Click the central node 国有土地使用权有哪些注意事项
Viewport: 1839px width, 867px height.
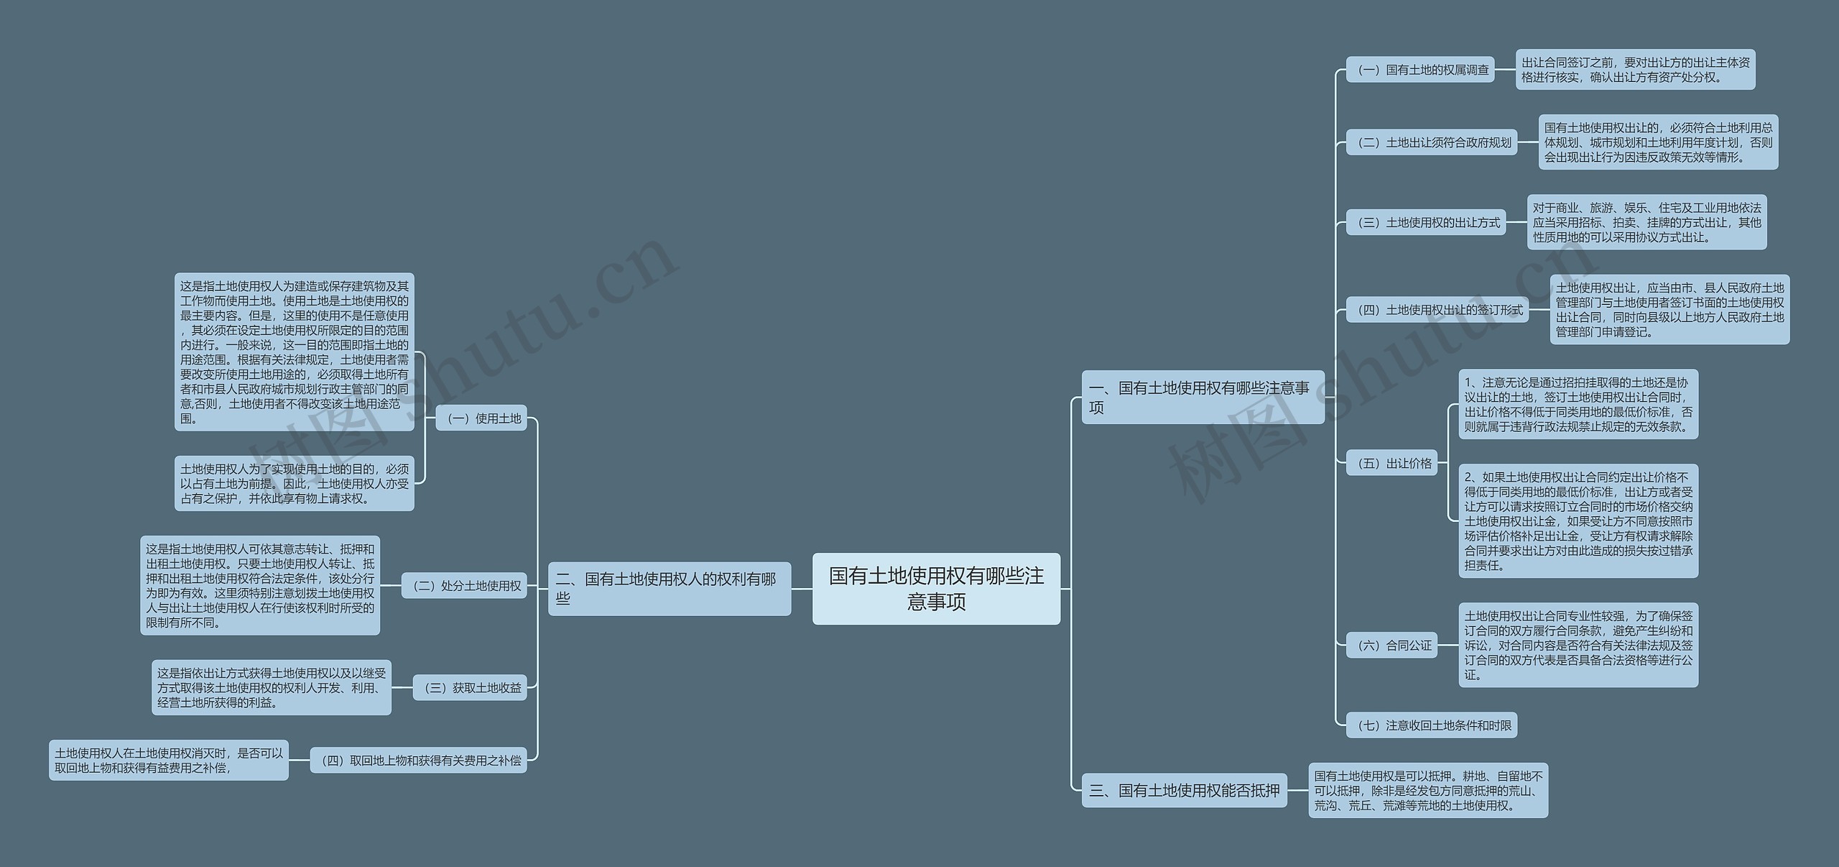[936, 588]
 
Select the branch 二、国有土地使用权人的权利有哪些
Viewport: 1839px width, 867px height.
[669, 588]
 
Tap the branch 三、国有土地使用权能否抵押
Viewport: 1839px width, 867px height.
[1184, 790]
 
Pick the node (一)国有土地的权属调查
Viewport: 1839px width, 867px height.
[1419, 70]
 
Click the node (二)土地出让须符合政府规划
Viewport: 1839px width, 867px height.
[1431, 142]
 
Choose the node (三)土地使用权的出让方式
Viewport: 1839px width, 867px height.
[1425, 223]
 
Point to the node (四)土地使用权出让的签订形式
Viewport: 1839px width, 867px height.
[1437, 310]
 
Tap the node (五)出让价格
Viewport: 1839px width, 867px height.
[1391, 464]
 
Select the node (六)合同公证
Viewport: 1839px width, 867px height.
[1391, 646]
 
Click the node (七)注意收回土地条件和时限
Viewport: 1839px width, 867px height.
[1431, 725]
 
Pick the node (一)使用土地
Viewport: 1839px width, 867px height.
[481, 418]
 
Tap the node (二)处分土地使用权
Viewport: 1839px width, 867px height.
[464, 586]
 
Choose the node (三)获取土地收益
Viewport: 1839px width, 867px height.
[470, 688]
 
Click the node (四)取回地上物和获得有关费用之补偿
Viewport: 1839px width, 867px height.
[418, 761]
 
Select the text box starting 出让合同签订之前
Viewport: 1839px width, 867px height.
[1635, 70]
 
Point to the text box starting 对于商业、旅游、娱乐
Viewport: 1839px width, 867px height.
[1646, 222]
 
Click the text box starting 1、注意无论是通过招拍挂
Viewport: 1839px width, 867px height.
[1578, 404]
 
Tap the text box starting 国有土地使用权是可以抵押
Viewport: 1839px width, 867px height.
[1428, 790]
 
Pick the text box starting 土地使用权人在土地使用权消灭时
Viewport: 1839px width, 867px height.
[168, 760]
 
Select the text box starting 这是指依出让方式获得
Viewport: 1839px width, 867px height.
[271, 687]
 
